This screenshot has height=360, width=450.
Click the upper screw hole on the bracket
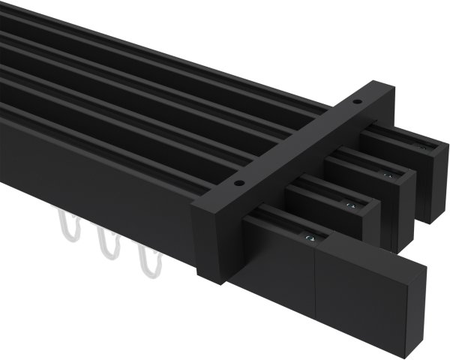(357, 103)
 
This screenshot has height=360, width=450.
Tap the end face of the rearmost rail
(432, 184)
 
